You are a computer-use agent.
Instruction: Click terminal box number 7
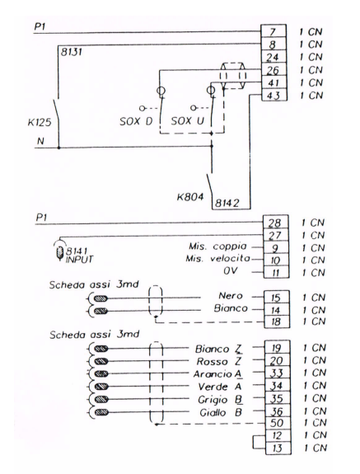click(274, 31)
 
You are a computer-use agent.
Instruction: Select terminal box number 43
click(274, 96)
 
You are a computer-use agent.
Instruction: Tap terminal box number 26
click(274, 70)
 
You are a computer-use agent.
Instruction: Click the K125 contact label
click(40, 123)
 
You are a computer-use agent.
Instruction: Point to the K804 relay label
click(190, 197)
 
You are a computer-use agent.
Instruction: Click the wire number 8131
click(72, 52)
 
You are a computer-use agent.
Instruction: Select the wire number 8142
click(227, 203)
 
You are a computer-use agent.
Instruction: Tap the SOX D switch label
click(136, 121)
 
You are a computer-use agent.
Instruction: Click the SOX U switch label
click(188, 121)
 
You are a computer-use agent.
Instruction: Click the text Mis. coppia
click(217, 246)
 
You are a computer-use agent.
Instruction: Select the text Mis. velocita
click(217, 259)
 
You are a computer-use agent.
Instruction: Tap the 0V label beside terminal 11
click(230, 271)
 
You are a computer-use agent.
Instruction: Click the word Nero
click(231, 296)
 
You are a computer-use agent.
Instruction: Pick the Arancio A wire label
click(217, 374)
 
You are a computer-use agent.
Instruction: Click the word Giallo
click(213, 413)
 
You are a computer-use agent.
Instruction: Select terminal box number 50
click(278, 423)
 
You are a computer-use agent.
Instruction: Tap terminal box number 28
click(275, 223)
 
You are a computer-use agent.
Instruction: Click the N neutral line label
click(40, 141)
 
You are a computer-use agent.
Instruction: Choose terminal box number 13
click(278, 448)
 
